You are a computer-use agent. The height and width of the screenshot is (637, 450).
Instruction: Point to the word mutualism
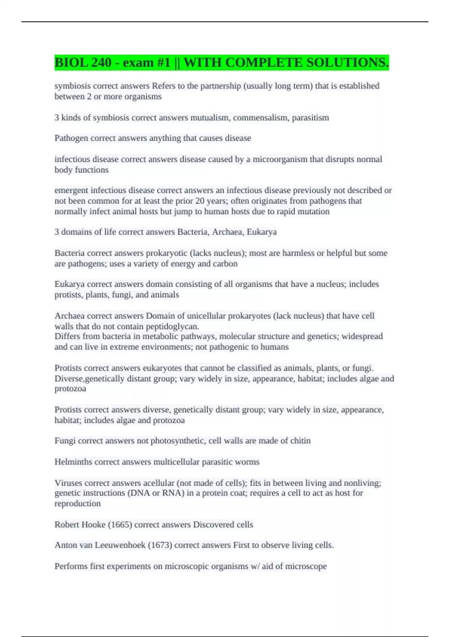coord(210,118)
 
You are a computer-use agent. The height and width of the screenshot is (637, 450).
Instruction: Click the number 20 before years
coord(200,201)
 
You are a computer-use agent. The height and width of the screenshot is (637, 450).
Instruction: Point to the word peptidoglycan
coord(175,326)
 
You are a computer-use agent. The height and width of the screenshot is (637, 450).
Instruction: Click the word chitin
coord(300,441)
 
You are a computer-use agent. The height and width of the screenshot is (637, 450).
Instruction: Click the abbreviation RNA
coord(172,493)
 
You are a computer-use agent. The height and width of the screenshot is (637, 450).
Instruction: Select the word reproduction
coord(78,504)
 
